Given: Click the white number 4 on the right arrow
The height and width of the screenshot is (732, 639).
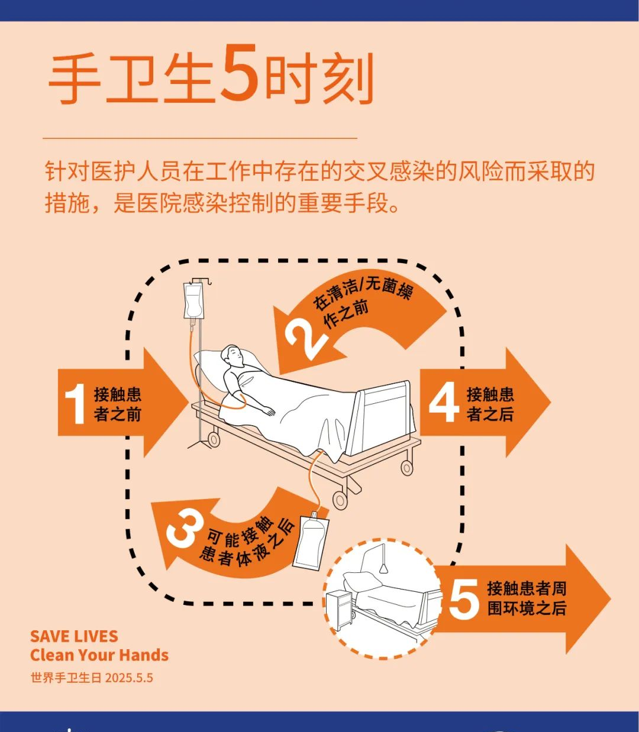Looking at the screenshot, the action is tap(444, 402).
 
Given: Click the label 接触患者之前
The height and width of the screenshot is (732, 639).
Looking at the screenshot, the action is tap(117, 404).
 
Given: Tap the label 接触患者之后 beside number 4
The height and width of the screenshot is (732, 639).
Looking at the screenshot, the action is tap(490, 404).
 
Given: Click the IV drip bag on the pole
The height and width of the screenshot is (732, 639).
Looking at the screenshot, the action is tap(193, 300).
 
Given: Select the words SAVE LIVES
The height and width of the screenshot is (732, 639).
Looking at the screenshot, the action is tap(74, 636).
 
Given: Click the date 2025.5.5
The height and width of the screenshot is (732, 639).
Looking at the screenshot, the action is tap(129, 678).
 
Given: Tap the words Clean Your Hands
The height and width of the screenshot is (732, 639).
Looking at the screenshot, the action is tap(99, 655).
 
